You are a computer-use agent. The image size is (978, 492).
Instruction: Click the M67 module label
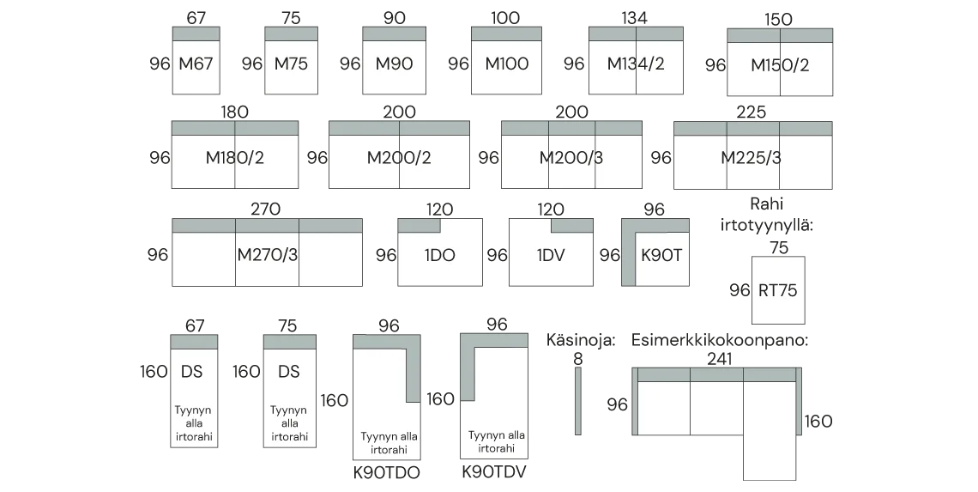196,64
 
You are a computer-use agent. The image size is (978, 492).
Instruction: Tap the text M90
394,64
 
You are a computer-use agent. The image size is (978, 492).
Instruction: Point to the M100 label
506,64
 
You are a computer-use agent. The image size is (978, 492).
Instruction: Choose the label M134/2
636,64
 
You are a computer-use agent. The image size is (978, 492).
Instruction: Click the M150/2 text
780,65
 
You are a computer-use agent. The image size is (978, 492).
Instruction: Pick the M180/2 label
234,158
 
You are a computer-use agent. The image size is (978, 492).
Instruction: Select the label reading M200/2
399,158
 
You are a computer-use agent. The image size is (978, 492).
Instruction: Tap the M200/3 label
571,158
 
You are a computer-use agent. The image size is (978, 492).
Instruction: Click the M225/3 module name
751,158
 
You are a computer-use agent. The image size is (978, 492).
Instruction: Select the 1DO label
441,255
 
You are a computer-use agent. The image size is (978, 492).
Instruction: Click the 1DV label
551,255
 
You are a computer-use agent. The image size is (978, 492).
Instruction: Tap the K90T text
661,255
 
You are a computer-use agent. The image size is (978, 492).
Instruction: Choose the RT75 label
777,290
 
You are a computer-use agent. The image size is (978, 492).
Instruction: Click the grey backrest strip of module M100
504,33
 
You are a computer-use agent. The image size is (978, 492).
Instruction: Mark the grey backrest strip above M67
196,33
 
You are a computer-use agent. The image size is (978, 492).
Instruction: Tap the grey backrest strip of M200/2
400,128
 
